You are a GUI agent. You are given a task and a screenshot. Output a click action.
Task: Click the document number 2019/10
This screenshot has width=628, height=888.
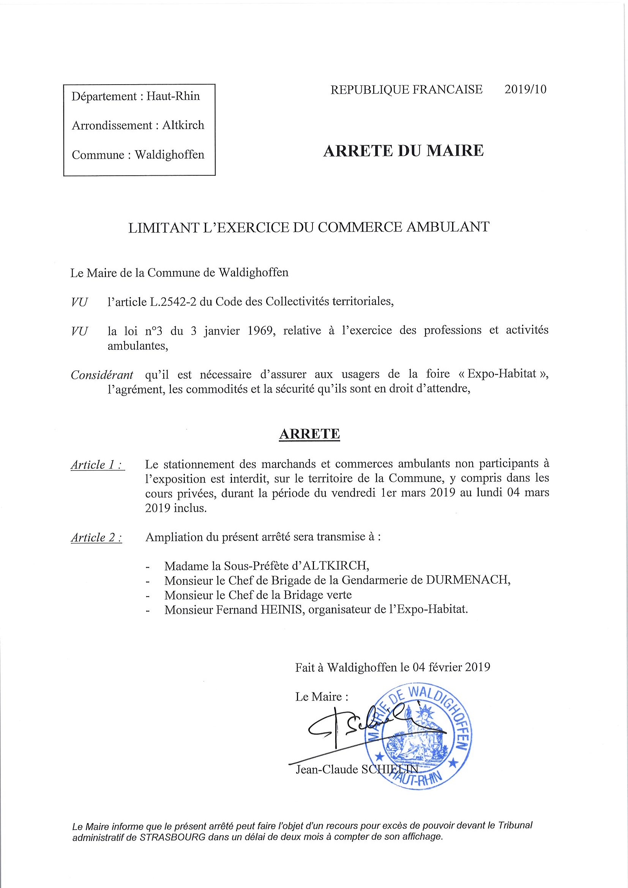coord(525,90)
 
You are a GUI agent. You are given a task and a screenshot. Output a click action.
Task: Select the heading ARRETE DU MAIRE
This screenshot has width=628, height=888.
coord(403,151)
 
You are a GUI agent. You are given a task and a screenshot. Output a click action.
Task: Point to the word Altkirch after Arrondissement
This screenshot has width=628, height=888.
coord(183,125)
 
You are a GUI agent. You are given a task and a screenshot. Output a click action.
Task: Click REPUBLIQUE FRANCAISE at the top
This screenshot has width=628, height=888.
coord(406,90)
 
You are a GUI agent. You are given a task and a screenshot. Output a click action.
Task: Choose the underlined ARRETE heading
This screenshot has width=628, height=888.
coord(309,434)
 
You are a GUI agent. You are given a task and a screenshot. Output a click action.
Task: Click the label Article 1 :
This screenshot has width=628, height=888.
coord(98,465)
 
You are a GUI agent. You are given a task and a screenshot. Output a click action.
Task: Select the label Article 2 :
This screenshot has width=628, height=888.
coord(96,538)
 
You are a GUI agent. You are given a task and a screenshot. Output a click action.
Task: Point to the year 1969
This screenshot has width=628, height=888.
coord(260,331)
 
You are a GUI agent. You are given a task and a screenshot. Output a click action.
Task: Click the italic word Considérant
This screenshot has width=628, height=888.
coord(102,375)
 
